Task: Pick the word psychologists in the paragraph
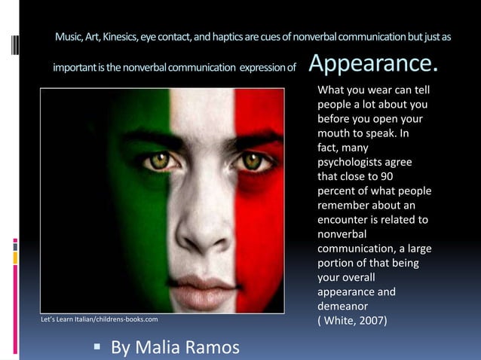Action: point(350,161)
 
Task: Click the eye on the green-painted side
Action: point(159,160)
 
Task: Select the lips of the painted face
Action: point(204,285)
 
